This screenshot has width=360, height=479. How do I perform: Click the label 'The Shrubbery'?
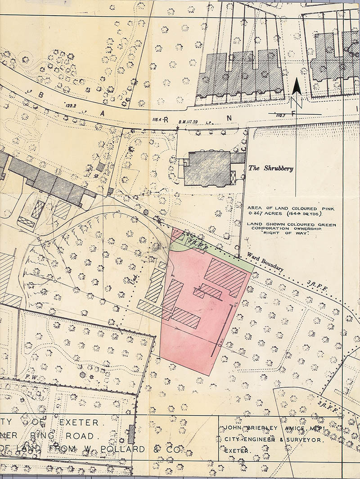(270, 169)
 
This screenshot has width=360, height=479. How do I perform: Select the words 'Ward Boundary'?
(265, 262)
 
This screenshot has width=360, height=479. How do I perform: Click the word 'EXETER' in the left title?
(79, 423)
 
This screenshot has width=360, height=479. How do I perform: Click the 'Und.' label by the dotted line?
(134, 282)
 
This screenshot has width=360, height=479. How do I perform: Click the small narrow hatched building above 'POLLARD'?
(131, 434)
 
